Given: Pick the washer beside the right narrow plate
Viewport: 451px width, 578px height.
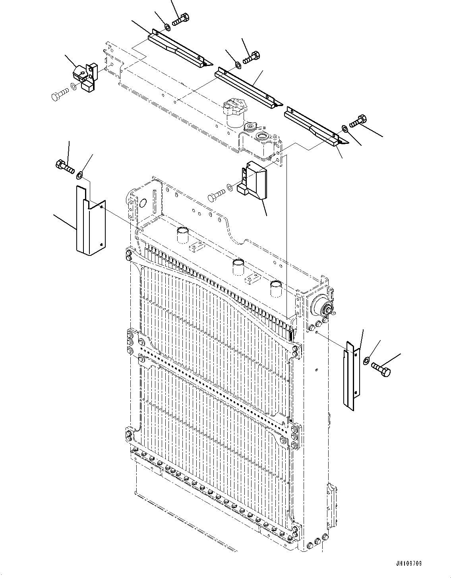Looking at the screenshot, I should pos(366,360).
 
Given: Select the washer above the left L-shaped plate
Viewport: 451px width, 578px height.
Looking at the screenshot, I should pos(80,174).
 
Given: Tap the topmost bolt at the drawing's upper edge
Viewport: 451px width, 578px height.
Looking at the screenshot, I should pos(181,19).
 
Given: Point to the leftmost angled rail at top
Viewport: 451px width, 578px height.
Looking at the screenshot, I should pos(179,48).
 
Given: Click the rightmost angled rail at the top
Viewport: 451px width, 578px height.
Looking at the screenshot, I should pos(314,126).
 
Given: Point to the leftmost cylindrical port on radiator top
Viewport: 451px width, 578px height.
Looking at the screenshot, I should pos(182,234).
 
